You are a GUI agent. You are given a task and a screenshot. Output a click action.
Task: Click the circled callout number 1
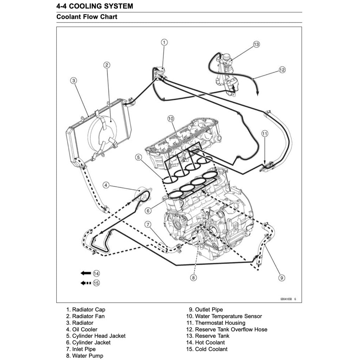(164, 42)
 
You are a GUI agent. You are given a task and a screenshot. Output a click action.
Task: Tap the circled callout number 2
(107, 65)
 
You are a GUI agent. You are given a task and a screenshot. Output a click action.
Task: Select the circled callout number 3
(73, 81)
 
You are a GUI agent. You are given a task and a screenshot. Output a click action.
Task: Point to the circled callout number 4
(106, 185)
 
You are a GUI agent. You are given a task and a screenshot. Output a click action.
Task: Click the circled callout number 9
(281, 278)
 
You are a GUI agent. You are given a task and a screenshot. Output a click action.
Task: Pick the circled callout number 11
(265, 133)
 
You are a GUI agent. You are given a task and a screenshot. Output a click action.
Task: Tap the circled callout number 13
(256, 44)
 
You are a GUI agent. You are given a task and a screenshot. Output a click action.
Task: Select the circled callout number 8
(193, 278)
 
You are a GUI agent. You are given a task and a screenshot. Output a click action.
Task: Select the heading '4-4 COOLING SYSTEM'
(95, 6)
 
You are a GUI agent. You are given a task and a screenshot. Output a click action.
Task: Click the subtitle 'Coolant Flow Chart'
(87, 17)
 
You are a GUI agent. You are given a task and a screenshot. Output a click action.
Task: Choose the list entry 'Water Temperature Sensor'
(224, 316)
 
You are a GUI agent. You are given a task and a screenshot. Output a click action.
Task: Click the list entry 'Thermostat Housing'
(216, 323)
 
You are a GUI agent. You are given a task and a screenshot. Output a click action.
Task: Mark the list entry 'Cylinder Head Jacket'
(96, 336)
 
